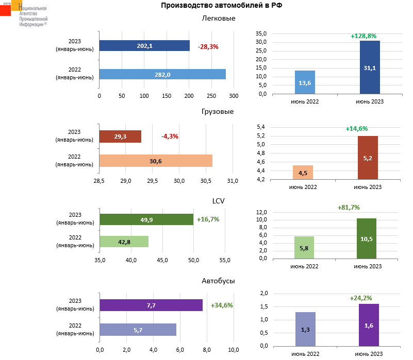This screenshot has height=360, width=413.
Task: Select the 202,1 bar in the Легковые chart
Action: click(144, 46)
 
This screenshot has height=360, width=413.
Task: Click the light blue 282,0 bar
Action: click(162, 74)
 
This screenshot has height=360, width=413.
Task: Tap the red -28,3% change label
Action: click(208, 46)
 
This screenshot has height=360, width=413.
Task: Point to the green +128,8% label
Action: click(364, 36)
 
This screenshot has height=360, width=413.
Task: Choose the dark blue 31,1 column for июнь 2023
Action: click(370, 67)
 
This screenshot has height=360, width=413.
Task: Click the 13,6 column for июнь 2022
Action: click(305, 82)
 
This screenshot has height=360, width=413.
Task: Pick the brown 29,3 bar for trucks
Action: click(120, 136)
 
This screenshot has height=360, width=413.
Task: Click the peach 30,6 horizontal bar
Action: click(156, 161)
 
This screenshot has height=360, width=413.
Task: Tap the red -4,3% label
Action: click(170, 136)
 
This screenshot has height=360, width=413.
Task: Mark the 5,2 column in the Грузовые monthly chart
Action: click(368, 158)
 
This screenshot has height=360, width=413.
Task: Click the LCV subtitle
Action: click(219, 201)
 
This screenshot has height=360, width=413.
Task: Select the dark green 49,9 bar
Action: click(146, 219)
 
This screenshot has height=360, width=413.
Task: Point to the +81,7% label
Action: click(349, 208)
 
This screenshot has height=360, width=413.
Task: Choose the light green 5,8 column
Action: click(304, 248)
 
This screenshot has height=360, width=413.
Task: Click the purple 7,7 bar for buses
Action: click(151, 305)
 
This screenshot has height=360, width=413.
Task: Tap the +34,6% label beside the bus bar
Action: click(222, 305)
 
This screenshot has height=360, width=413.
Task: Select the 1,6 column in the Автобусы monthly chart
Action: click(369, 325)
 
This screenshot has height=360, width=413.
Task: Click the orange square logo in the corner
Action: click(16, 6)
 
